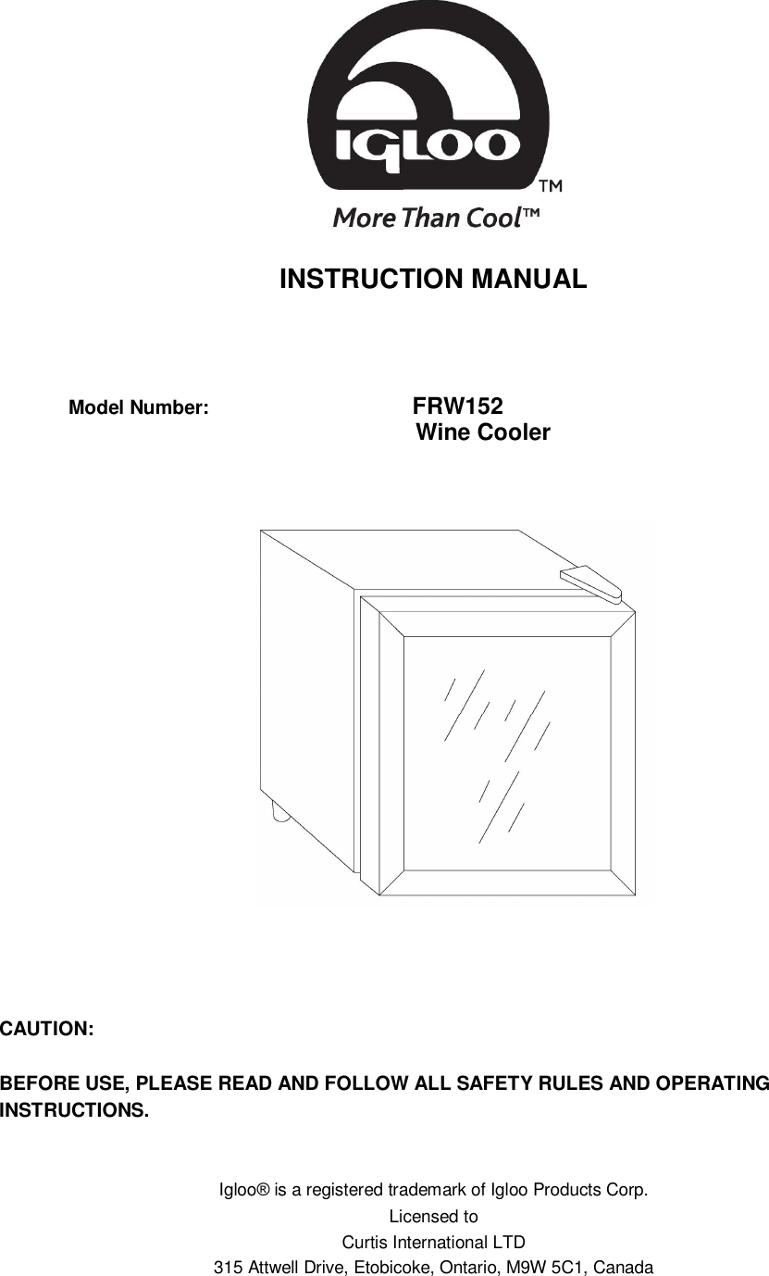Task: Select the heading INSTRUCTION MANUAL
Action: (433, 279)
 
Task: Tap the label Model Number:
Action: (140, 407)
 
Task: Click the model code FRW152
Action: (457, 407)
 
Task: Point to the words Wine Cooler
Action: (483, 432)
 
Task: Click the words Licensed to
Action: (433, 1216)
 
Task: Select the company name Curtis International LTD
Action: (434, 1242)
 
